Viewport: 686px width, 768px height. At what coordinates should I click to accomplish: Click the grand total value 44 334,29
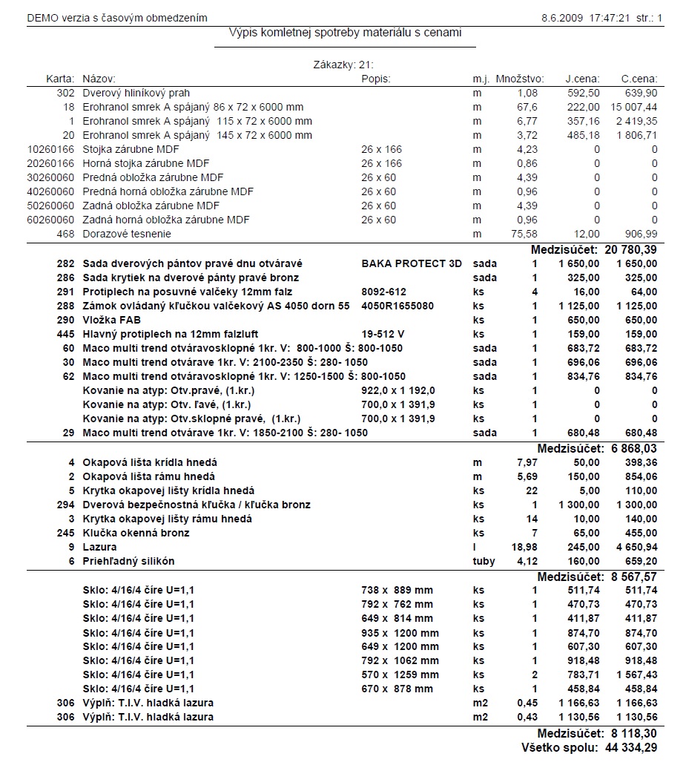630,747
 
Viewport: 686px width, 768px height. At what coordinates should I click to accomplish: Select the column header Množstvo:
520,79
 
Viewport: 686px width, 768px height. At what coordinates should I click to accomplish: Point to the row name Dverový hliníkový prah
136,93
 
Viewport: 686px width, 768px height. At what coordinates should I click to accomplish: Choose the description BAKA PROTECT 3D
412,263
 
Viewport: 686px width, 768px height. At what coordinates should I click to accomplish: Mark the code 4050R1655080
398,306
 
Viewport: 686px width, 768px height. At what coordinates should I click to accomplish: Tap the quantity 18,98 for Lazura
526,547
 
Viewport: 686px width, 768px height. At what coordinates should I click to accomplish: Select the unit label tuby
484,561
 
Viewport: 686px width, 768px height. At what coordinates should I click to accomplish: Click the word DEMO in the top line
42,17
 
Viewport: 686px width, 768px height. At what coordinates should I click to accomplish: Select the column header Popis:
376,79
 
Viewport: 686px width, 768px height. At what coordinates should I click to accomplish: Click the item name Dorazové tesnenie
126,234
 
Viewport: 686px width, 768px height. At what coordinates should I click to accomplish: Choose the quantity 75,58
524,234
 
